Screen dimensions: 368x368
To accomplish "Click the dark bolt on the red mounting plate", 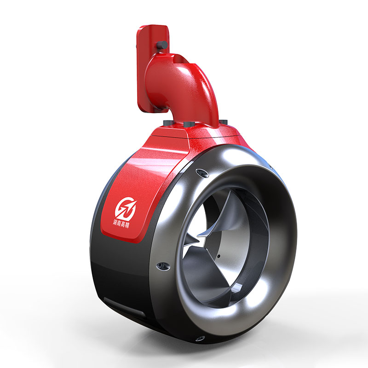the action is (162, 45).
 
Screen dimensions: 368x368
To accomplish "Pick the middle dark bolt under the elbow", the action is (189, 124).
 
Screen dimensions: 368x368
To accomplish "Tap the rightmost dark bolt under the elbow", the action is (223, 122).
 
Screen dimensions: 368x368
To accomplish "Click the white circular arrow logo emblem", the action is (126, 209).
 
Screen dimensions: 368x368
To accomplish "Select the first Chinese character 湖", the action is (115, 222).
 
